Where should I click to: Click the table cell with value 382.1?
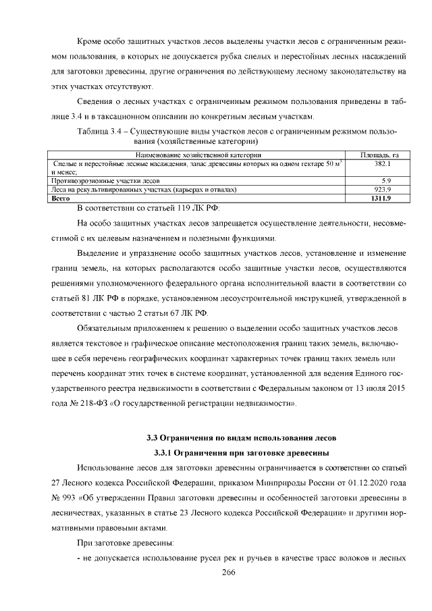click(383, 164)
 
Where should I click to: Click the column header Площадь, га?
click(383, 156)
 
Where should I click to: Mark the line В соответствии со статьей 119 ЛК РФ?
click(148, 207)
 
